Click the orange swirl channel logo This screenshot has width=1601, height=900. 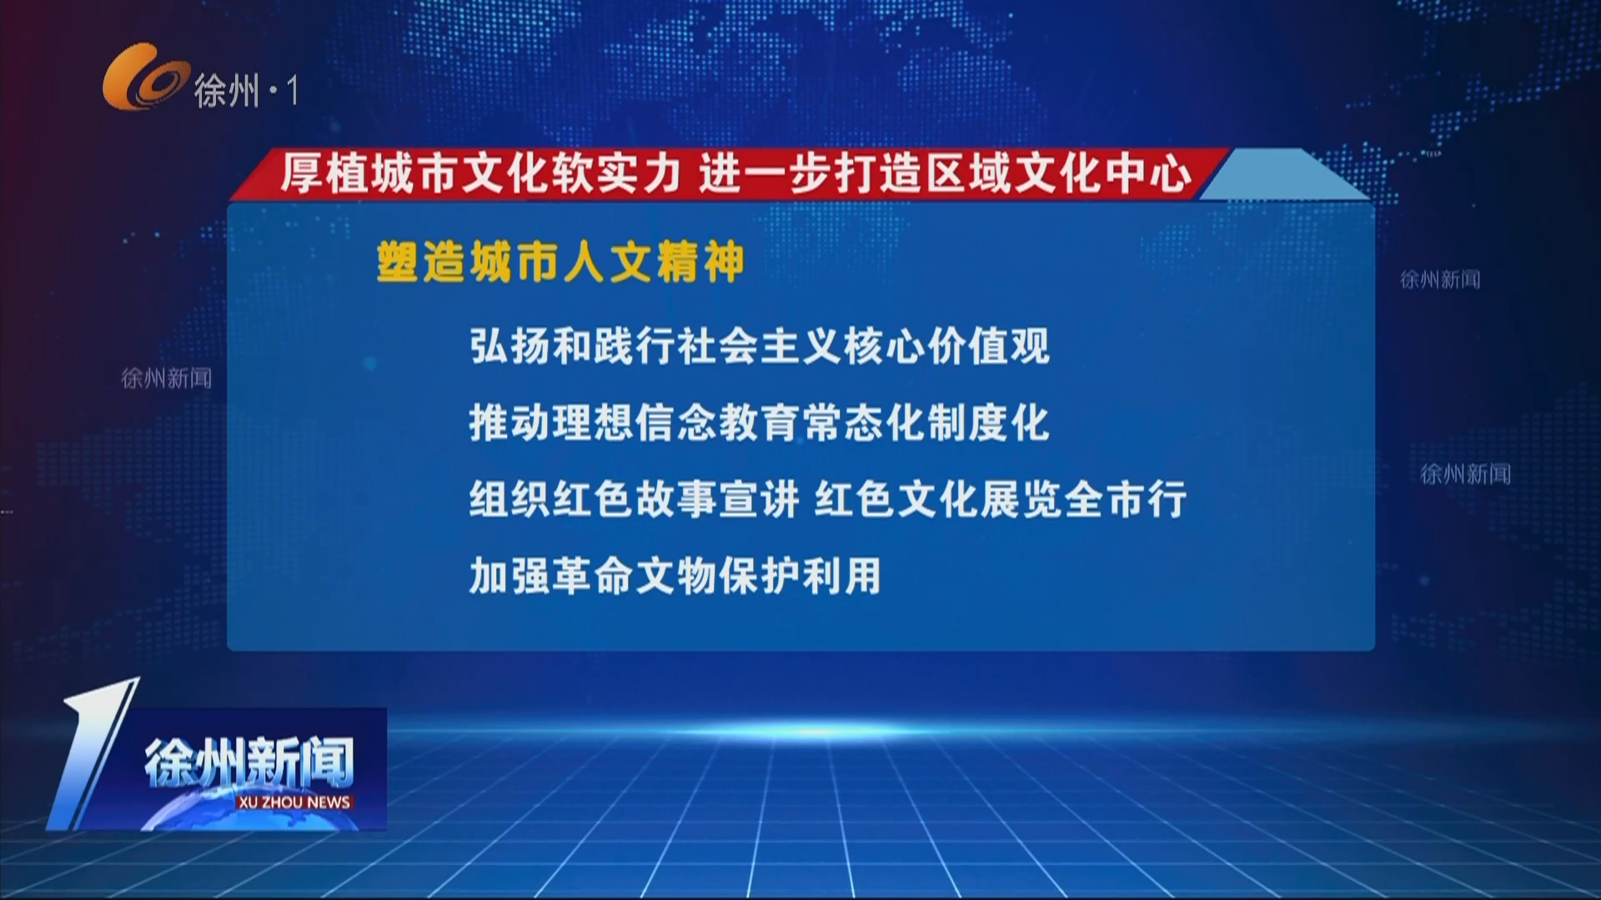pyautogui.click(x=143, y=77)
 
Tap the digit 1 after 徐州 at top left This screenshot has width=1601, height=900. pyautogui.click(x=291, y=90)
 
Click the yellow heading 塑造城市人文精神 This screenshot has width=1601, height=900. pyautogui.click(x=560, y=262)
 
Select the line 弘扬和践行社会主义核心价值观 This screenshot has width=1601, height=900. pyautogui.click(x=759, y=346)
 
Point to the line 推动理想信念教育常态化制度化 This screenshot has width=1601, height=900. pyautogui.click(x=759, y=422)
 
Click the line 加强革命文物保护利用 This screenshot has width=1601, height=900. pyautogui.click(x=675, y=576)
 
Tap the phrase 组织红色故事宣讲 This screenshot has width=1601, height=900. pyautogui.click(x=634, y=500)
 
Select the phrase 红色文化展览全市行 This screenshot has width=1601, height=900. pyautogui.click(x=1000, y=500)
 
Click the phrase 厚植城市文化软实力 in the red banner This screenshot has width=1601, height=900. pyautogui.click(x=481, y=174)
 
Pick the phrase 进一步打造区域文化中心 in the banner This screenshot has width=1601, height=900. pyautogui.click(x=946, y=174)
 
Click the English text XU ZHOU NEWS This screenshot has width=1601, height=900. pyautogui.click(x=294, y=802)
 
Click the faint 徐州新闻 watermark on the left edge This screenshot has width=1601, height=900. pyautogui.click(x=166, y=378)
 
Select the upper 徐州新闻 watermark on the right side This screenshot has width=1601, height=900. pyautogui.click(x=1440, y=280)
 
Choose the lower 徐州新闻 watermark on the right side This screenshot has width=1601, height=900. pyautogui.click(x=1465, y=474)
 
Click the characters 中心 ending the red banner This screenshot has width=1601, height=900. pyautogui.click(x=1147, y=174)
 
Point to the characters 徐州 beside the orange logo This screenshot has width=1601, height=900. pyautogui.click(x=226, y=90)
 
